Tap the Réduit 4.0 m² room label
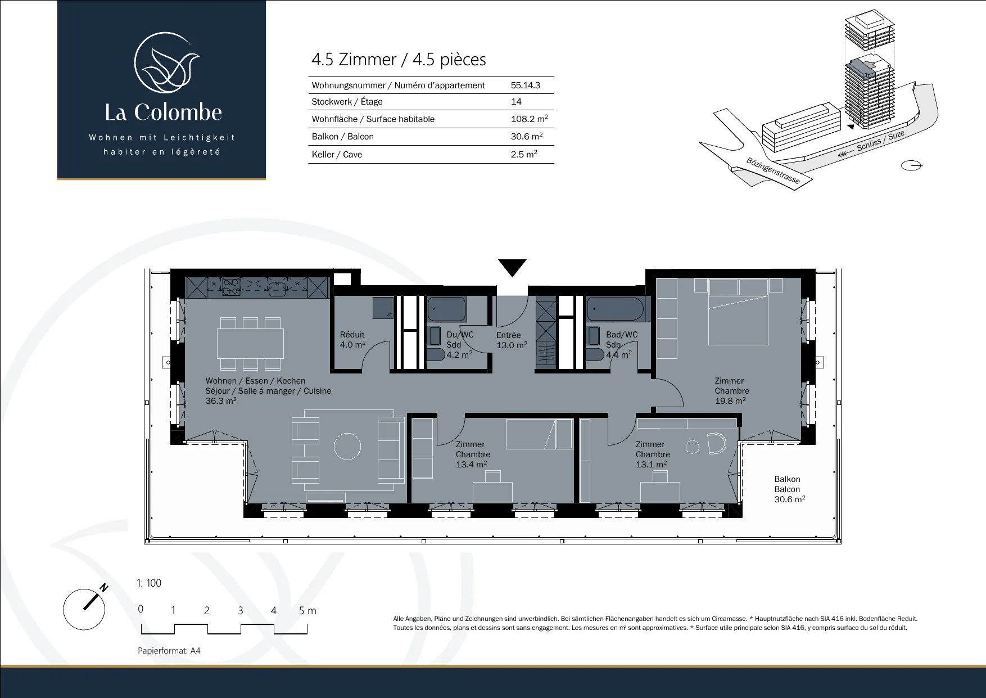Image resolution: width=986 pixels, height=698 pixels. [352, 340]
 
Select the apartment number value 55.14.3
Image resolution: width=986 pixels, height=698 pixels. [526, 85]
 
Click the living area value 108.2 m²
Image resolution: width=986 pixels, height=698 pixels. [529, 119]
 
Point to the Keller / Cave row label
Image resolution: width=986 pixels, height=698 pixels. [337, 155]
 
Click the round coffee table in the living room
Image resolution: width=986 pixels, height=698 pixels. [347, 447]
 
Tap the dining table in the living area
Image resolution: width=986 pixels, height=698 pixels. [250, 343]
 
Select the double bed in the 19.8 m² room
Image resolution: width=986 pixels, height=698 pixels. [738, 313]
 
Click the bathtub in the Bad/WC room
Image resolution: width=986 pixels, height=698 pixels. [616, 309]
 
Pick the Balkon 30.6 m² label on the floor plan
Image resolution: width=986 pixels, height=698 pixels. [789, 489]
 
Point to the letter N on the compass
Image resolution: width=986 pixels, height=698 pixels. [104, 588]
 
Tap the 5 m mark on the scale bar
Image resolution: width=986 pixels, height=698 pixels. [307, 611]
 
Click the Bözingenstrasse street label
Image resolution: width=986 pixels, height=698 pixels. [773, 170]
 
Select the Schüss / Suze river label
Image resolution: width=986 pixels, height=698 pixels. [880, 141]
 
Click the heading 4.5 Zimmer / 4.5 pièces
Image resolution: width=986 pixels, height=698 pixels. [399, 60]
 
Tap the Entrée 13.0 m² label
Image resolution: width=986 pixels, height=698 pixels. [512, 340]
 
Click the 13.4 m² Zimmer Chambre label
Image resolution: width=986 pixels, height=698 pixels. [473, 454]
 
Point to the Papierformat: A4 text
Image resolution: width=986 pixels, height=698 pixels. [169, 651]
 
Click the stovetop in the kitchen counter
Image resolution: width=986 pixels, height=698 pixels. [230, 287]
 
